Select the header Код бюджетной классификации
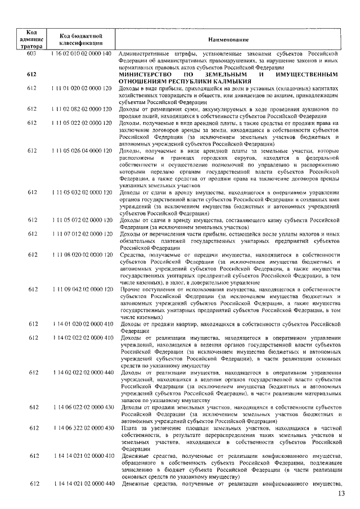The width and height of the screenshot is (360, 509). pyautogui.click(x=81, y=40)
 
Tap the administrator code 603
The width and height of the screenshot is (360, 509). pyautogui.click(x=31, y=52)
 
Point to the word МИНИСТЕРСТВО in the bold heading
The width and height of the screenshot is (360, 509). pyautogui.click(x=150, y=74)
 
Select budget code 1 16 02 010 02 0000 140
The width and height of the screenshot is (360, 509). pyautogui.click(x=82, y=52)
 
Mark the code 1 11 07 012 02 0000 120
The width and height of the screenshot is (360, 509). pyautogui.click(x=82, y=233)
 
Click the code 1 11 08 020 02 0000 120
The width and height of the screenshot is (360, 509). pyautogui.click(x=82, y=255)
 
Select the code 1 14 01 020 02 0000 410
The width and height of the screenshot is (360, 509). pyautogui.click(x=82, y=324)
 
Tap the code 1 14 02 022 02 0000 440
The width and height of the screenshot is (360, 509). pyautogui.click(x=82, y=372)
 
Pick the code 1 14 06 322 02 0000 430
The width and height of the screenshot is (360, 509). pyautogui.click(x=82, y=429)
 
